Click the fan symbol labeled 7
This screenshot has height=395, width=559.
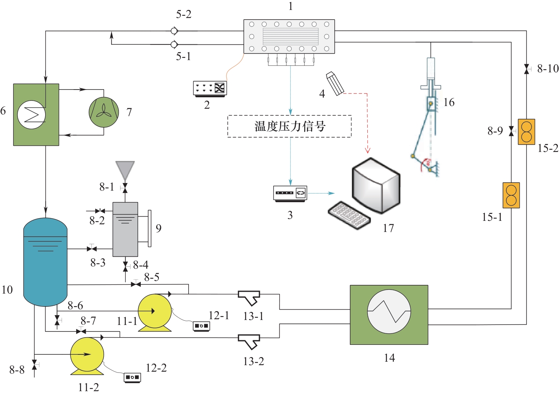(104, 112)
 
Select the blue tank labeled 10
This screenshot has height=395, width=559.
(45, 262)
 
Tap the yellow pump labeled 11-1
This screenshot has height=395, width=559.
(155, 311)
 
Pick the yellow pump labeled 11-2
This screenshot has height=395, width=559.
(87, 354)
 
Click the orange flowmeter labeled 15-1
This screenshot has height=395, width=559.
(511, 195)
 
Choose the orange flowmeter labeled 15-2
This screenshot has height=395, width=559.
(526, 132)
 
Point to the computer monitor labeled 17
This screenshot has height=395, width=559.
(376, 186)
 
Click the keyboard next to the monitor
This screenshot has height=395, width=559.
(349, 215)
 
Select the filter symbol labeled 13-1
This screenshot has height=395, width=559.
(249, 297)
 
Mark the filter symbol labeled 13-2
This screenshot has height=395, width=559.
(249, 341)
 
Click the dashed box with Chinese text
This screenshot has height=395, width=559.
(290, 126)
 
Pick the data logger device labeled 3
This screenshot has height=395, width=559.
(290, 193)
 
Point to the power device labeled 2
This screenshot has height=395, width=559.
(210, 88)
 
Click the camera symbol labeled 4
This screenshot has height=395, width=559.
(335, 83)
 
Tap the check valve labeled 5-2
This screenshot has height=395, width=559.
(174, 31)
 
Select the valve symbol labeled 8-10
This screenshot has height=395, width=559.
(526, 69)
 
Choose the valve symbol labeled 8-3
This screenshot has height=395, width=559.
(91, 249)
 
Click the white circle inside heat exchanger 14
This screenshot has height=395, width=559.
(389, 312)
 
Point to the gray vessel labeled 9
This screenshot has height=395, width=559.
(125, 229)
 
